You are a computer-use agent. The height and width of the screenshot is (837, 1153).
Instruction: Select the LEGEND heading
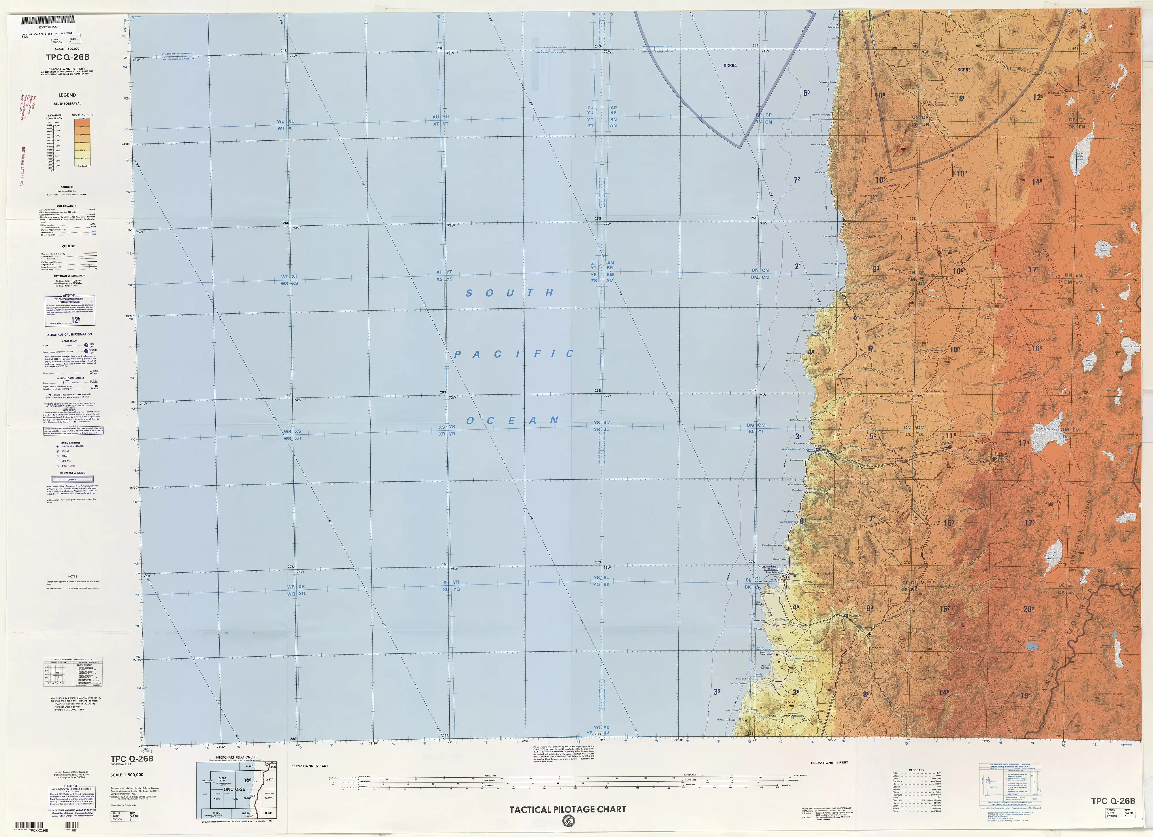click(x=67, y=95)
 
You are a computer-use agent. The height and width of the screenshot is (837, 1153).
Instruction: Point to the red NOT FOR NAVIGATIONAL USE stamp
click(x=22, y=168)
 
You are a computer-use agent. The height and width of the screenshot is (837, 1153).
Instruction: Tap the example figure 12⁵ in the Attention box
click(x=76, y=320)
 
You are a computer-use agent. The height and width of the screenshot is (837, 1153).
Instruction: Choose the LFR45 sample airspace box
click(x=72, y=479)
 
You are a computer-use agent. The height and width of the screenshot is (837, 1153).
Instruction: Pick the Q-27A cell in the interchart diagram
click(x=270, y=780)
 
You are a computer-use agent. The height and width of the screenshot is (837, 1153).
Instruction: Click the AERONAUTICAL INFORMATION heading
click(x=70, y=334)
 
